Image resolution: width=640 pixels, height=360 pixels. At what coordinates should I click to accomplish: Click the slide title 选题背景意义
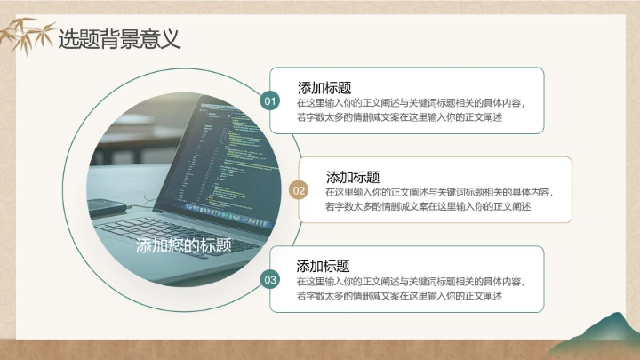tap(119, 39)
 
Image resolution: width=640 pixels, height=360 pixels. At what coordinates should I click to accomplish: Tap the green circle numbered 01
tap(271, 101)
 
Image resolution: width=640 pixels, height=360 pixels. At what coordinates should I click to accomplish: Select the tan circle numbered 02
tap(299, 190)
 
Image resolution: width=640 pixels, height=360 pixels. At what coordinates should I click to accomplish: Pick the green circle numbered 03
tap(271, 280)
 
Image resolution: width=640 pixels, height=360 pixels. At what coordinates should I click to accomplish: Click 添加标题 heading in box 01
tap(324, 88)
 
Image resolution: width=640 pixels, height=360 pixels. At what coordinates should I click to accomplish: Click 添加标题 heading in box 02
tap(353, 177)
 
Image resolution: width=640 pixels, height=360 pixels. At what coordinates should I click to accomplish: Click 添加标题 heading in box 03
tap(323, 266)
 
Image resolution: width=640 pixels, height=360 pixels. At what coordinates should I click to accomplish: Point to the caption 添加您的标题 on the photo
tap(184, 246)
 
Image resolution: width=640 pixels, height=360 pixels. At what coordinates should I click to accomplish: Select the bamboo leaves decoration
tap(27, 36)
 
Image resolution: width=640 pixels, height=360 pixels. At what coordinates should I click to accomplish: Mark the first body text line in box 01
tap(411, 103)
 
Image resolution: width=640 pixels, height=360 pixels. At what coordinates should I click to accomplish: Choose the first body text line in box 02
tap(438, 192)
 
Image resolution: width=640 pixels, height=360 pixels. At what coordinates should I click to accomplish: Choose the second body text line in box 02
tap(428, 206)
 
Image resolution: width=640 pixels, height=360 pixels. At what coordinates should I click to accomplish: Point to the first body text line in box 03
tap(411, 282)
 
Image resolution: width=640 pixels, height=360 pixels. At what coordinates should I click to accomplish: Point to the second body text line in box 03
tap(399, 296)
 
